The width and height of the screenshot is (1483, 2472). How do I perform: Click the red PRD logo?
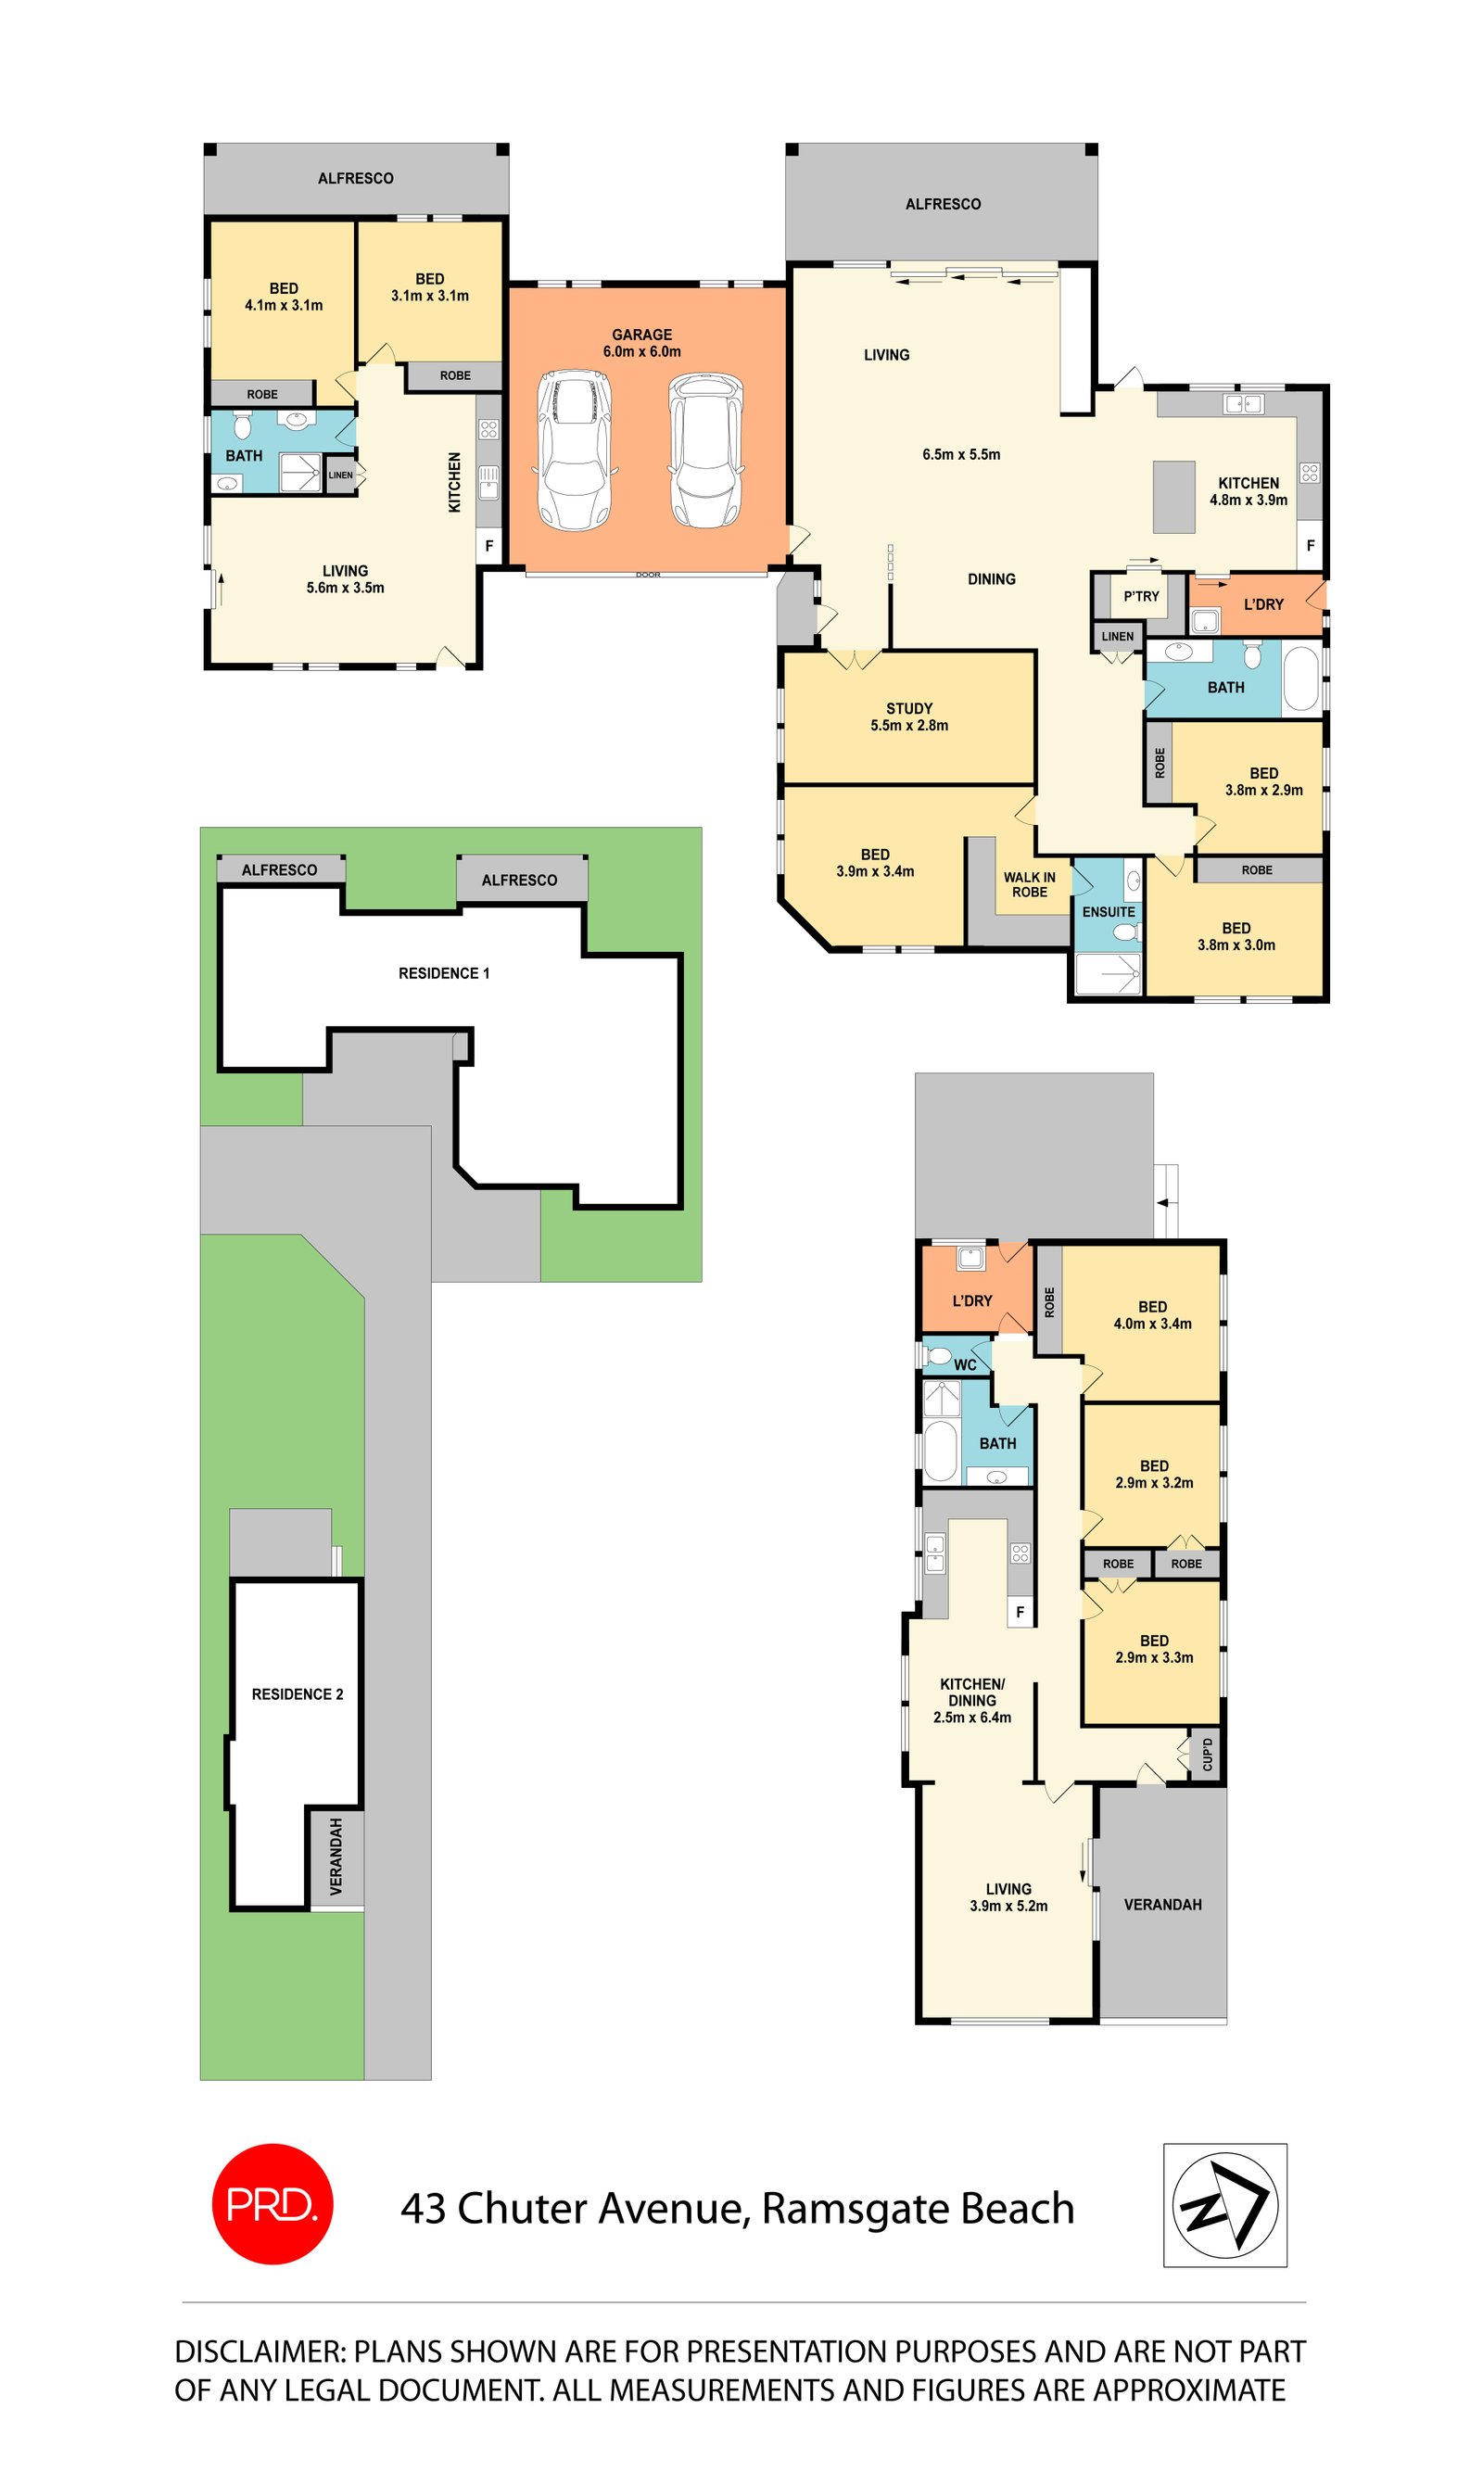pos(272,2203)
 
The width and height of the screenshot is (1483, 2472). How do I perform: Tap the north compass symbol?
pos(1224,2204)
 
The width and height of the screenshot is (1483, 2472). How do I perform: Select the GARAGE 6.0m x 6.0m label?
pos(641,343)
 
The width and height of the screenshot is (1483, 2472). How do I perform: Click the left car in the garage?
pos(574,449)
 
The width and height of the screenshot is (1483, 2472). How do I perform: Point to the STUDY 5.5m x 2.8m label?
pos(908,716)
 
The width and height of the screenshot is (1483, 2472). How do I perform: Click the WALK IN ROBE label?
pos(1030,884)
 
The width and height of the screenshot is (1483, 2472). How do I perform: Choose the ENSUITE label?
pos(1109,911)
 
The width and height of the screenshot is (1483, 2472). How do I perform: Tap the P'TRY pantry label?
pos(1141,597)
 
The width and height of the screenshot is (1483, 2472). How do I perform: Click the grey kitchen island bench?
pos(1174,497)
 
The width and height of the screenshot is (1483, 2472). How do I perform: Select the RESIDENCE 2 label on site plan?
pos(297,1693)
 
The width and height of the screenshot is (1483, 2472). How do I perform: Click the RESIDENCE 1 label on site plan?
pos(444,973)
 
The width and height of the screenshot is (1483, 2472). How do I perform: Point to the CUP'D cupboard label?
pos(1207,1755)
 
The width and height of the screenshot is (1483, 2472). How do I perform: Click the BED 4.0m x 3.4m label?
pos(1152,1315)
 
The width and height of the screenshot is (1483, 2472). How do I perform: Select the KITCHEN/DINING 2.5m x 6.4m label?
pos(971,1700)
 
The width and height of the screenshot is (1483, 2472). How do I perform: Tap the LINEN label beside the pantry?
pos(1117,637)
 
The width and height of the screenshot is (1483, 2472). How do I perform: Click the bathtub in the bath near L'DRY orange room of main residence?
pos(1300,680)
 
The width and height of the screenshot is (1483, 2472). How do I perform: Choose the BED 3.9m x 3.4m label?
pos(874,862)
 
